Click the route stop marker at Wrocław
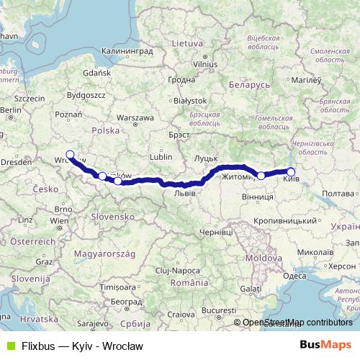point(70,154)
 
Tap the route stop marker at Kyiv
point(291,171)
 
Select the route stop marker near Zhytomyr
point(261,175)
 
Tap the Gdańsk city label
point(96,73)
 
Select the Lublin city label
point(161,156)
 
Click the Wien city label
point(59,220)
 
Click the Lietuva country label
point(187,43)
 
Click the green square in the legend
point(9,346)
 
